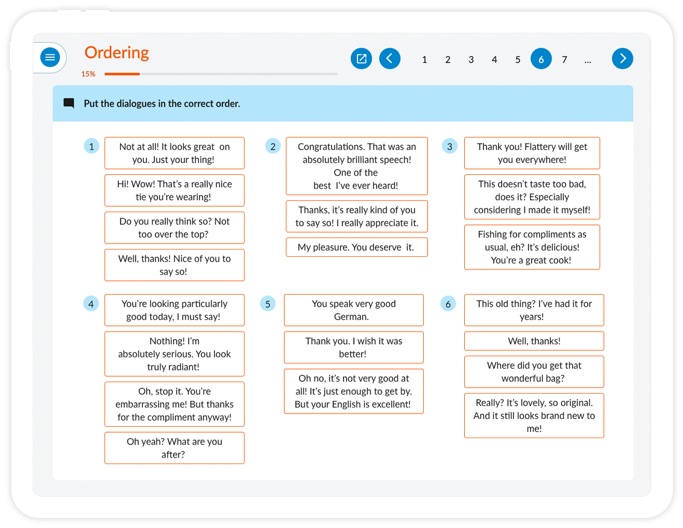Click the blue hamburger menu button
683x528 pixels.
tap(50, 57)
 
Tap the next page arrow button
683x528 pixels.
tap(622, 58)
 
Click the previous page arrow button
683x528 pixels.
tap(389, 58)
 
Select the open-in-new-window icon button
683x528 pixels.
tap(361, 58)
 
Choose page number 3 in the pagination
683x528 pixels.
tap(471, 60)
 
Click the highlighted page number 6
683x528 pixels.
tap(541, 59)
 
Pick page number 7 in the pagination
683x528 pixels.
tap(564, 60)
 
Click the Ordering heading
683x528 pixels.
tap(117, 52)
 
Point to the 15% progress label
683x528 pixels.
tap(88, 74)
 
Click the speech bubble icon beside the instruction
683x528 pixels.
tap(69, 103)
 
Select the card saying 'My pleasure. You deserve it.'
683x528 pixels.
tap(357, 247)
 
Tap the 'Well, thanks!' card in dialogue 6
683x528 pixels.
tap(534, 341)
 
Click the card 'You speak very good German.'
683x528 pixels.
tap(354, 310)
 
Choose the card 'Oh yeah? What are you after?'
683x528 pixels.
tap(174, 448)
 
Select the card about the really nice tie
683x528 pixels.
tap(174, 190)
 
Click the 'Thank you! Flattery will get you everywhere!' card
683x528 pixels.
tap(532, 153)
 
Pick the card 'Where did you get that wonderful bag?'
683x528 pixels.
tap(534, 372)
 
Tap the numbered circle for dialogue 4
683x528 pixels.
tap(91, 304)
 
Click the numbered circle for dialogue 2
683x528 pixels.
tap(272, 146)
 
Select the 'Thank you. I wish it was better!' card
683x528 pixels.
tap(354, 347)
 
